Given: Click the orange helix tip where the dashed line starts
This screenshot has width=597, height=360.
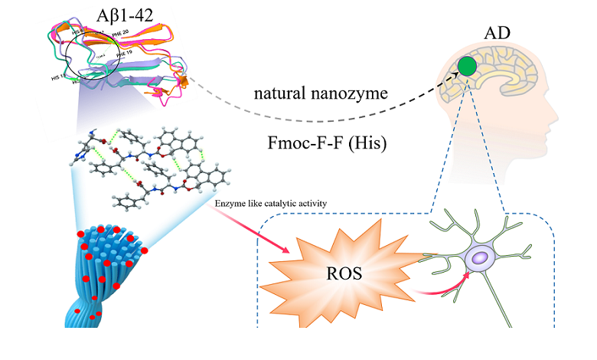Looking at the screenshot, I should pos(182,81).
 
